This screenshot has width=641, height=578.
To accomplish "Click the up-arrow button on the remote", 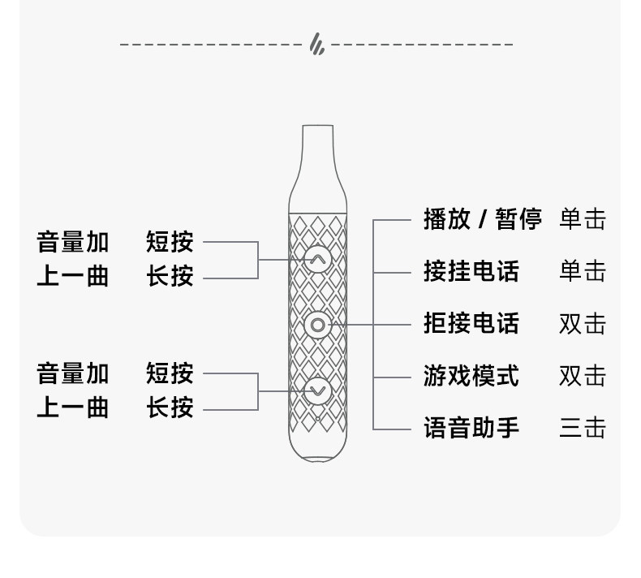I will click(x=317, y=259).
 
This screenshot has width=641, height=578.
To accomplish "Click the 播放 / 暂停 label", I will click(x=482, y=219).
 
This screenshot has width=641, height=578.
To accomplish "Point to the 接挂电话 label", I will click(x=471, y=271).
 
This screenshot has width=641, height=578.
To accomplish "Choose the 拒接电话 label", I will click(x=471, y=323).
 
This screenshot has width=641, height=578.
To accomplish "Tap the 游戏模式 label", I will click(x=471, y=375).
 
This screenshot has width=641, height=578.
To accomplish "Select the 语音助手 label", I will click(x=471, y=427).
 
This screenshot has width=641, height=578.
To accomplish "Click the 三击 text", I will click(x=583, y=427).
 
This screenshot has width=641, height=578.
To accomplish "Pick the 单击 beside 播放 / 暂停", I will click(x=583, y=219).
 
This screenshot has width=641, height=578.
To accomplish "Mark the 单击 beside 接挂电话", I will click(x=583, y=271).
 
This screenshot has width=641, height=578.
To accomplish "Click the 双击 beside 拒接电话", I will click(x=583, y=323).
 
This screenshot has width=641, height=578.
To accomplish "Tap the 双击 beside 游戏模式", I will click(x=583, y=375).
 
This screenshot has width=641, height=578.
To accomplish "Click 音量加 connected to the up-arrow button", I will click(x=72, y=241).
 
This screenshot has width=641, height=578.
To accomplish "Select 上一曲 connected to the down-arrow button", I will click(x=72, y=408).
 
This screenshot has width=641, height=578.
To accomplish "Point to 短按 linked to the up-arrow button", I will click(x=170, y=241).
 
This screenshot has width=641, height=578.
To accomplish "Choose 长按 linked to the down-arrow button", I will click(x=170, y=408).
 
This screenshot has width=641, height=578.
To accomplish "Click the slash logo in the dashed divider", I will click(x=317, y=45).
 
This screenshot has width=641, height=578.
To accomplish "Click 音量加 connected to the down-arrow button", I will click(x=72, y=373).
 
